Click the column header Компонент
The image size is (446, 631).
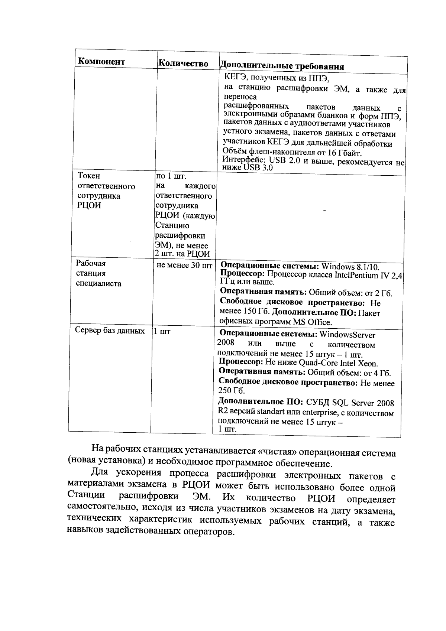tap(101, 62)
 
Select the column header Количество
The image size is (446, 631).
tap(183, 64)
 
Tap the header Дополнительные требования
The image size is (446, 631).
tap(282, 66)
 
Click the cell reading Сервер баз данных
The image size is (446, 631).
tap(110, 331)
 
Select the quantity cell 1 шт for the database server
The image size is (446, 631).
tap(162, 331)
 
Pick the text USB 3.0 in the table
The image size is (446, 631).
tap(258, 168)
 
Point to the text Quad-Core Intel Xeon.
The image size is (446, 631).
tap(338, 363)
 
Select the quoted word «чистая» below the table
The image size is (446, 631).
tap(277, 452)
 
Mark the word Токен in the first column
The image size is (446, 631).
tap(89, 176)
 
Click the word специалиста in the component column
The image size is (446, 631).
tap(98, 283)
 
